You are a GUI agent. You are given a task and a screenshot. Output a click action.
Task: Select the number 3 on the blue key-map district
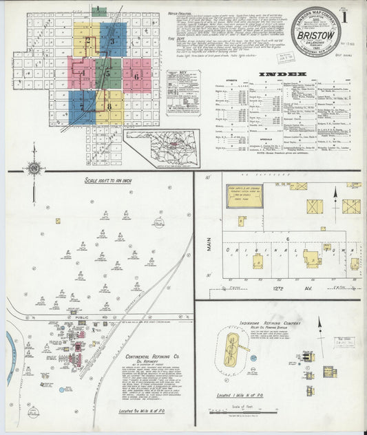coord(112,41)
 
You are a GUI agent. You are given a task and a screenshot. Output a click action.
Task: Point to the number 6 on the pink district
coord(136,76)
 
